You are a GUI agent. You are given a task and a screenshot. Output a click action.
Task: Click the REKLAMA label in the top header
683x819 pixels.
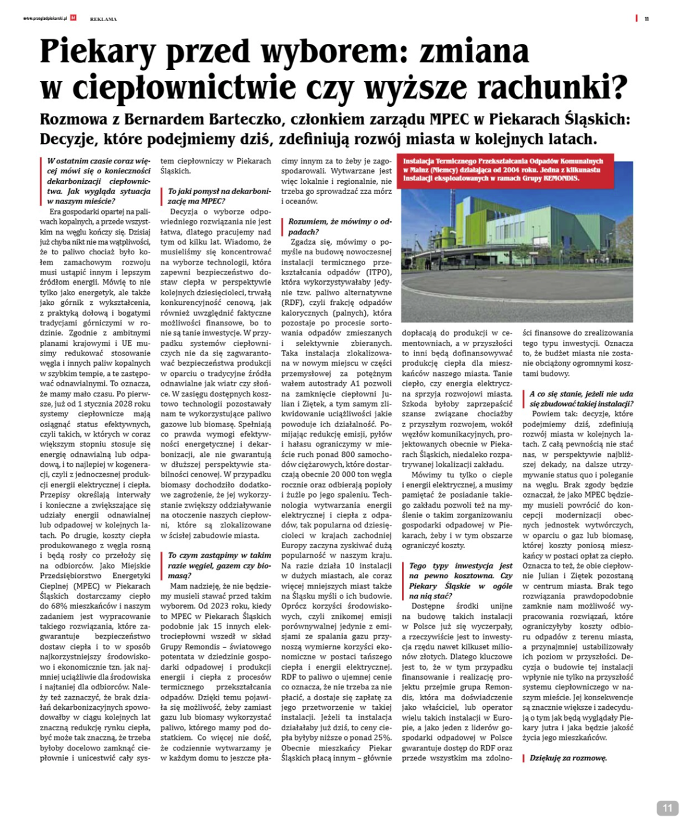(x=103, y=19)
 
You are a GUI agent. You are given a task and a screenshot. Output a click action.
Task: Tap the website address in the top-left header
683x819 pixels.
(x=45, y=19)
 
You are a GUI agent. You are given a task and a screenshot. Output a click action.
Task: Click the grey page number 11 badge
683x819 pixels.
(x=667, y=808)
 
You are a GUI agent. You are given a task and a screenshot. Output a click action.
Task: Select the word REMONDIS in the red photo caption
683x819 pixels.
(x=561, y=178)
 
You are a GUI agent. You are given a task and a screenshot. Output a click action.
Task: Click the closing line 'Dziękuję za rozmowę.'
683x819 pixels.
(x=568, y=758)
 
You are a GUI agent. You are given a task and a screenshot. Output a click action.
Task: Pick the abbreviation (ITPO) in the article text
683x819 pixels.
(x=378, y=272)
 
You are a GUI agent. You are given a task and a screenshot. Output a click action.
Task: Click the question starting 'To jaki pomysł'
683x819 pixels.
(x=219, y=196)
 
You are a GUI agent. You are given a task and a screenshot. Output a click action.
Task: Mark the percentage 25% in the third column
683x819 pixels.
(x=382, y=738)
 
